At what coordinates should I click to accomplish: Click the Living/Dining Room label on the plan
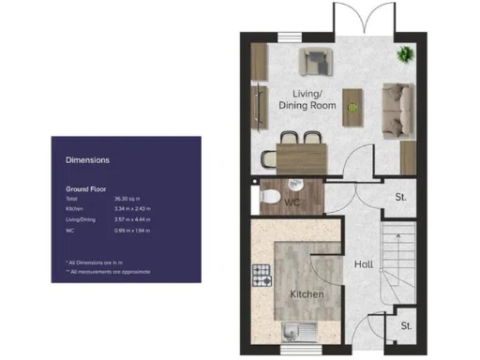307,98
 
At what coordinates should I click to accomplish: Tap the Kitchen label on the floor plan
307,294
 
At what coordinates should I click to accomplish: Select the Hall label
364,264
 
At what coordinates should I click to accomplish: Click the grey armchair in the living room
314,62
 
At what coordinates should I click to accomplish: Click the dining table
300,150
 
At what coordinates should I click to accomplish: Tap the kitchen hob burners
262,275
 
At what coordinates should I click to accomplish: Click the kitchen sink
299,329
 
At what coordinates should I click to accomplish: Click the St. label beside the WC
399,198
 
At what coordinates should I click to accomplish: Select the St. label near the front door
407,325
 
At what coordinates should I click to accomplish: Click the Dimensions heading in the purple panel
87,160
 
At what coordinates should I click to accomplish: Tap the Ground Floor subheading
85,188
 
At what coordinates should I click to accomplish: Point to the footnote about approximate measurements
109,270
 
